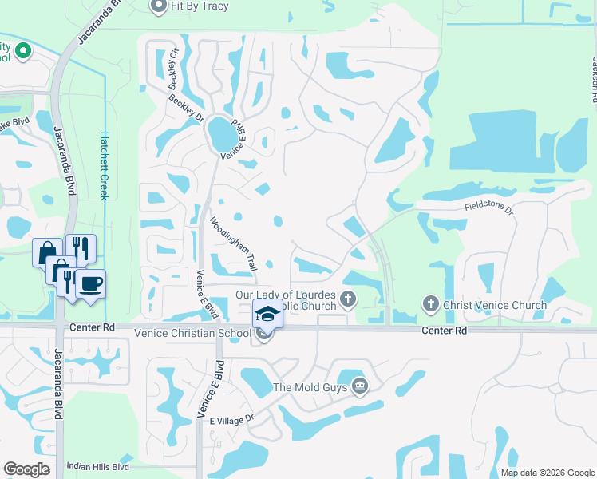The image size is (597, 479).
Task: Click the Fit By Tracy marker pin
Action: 158,6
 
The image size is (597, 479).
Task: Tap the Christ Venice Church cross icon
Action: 430,304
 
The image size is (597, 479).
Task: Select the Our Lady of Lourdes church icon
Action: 347,300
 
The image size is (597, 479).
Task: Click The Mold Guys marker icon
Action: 359,386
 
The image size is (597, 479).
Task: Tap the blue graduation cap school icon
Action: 267,314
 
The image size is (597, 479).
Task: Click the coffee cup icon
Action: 90,284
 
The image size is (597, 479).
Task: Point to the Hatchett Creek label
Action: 103,165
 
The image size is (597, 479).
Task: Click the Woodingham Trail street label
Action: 232,244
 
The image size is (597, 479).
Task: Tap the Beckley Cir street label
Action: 172,69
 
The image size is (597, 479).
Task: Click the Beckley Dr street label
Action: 186,109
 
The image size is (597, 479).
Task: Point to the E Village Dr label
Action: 231,418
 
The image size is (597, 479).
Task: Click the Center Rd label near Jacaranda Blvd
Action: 93,327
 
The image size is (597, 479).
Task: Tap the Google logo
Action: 27,469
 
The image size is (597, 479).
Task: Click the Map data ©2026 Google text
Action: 547,472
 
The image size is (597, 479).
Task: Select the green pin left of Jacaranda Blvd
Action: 22,53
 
